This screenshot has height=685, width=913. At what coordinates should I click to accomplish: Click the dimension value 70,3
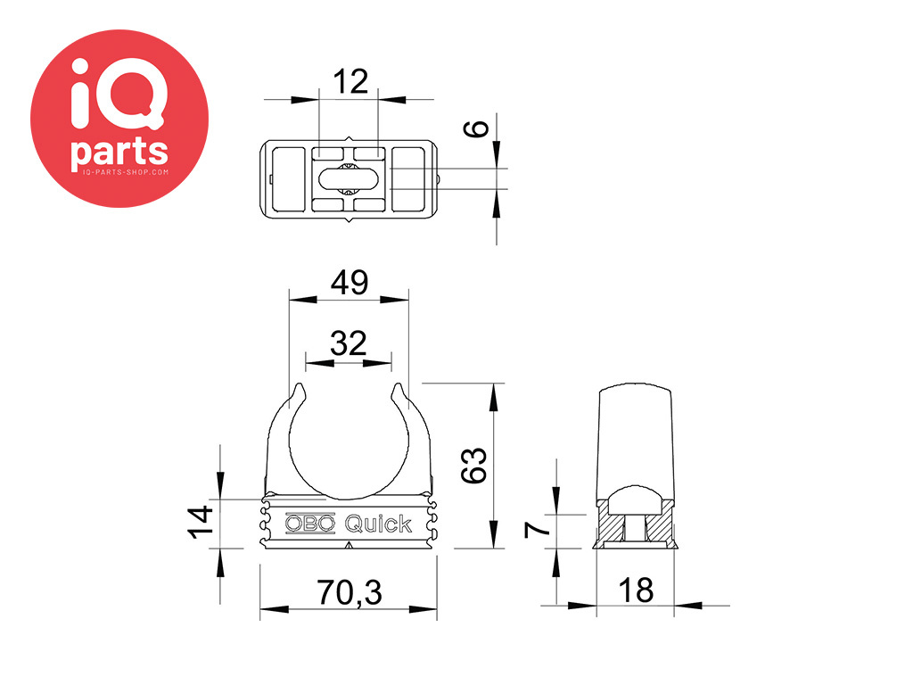click(x=350, y=592)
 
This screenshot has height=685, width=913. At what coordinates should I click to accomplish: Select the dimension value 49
click(x=350, y=283)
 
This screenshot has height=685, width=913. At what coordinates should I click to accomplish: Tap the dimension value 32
click(x=349, y=343)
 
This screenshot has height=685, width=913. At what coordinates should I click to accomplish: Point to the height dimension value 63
click(x=473, y=466)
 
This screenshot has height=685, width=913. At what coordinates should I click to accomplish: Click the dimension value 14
click(x=201, y=522)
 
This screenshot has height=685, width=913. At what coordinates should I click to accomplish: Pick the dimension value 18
click(x=636, y=590)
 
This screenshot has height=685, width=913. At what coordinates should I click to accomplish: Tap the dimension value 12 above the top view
click(x=350, y=81)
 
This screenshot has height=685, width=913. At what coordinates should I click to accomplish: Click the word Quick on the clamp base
click(x=378, y=524)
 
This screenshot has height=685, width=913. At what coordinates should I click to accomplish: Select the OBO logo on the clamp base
click(x=310, y=523)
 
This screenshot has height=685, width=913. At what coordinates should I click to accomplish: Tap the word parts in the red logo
click(x=119, y=153)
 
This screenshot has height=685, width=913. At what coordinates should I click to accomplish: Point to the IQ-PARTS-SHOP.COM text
click(x=126, y=172)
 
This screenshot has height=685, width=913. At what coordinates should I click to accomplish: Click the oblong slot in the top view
click(x=349, y=178)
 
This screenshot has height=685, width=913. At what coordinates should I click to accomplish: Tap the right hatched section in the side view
click(x=659, y=528)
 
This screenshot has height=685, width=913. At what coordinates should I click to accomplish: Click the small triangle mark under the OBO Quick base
click(x=349, y=545)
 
